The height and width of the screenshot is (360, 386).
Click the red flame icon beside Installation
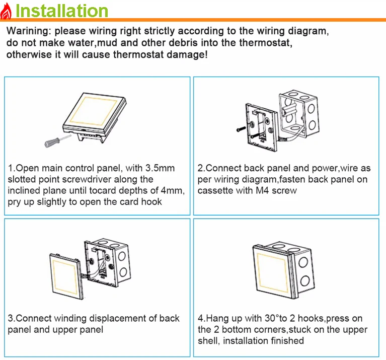[6, 11]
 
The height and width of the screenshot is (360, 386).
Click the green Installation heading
[62, 11]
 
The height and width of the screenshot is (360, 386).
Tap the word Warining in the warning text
[29, 31]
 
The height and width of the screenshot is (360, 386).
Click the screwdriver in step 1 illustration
[57, 140]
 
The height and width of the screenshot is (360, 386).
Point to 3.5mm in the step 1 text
[160, 168]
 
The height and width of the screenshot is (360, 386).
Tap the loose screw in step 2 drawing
[241, 129]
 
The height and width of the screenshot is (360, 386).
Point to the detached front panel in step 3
[66, 275]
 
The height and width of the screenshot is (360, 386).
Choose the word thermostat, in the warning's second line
[266, 43]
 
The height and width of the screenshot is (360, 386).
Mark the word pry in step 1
[14, 202]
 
